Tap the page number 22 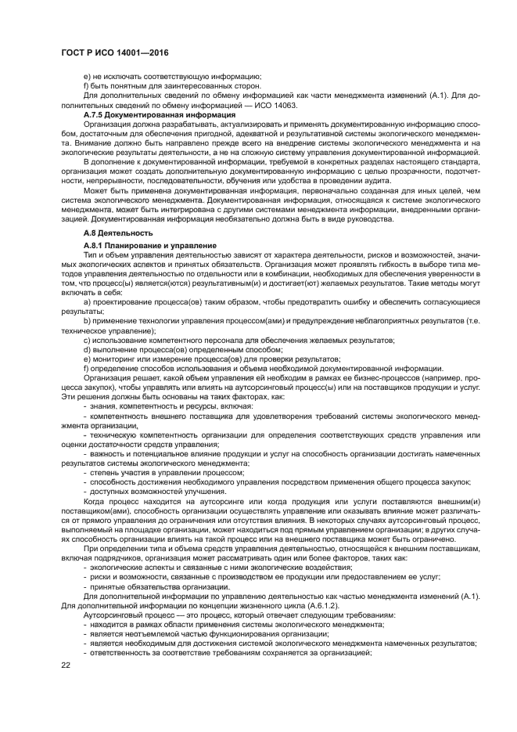(66, 687)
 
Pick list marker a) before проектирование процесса (87, 302)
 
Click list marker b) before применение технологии (87, 321)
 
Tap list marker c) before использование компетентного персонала (87, 341)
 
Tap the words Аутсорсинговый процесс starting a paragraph (120, 615)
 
